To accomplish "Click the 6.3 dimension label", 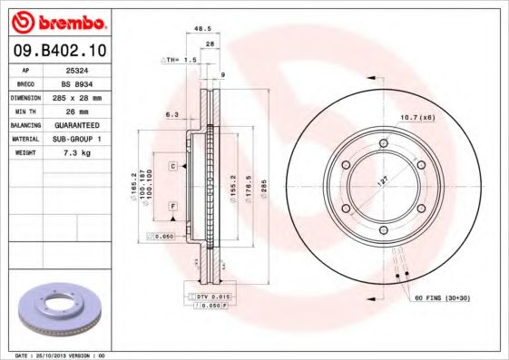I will pos(171,114).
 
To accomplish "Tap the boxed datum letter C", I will pos(171,167).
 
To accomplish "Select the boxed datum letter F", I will pos(171,208).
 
